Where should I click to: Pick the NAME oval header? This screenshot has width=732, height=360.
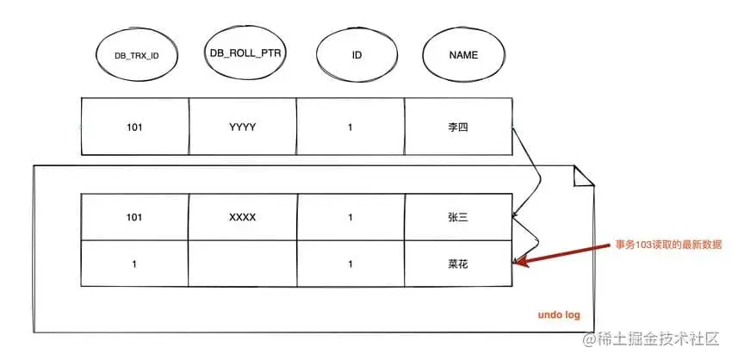[x=462, y=56]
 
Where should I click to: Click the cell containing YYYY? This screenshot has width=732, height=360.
[x=242, y=127]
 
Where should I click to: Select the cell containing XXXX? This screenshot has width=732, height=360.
[x=242, y=217]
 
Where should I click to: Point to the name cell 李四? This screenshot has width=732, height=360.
[x=457, y=127]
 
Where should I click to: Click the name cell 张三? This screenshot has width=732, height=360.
[x=457, y=217]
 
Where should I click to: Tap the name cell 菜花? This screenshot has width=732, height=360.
[x=457, y=264]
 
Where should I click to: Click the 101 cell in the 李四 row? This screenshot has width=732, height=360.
[x=133, y=127]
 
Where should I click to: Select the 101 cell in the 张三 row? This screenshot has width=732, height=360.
[x=133, y=217]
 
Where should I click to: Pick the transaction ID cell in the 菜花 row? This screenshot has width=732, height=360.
[x=133, y=264]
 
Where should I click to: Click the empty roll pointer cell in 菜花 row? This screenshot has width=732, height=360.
[x=242, y=264]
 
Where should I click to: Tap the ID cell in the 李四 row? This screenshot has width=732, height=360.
[x=350, y=127]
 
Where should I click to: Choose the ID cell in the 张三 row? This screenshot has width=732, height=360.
[x=350, y=217]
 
